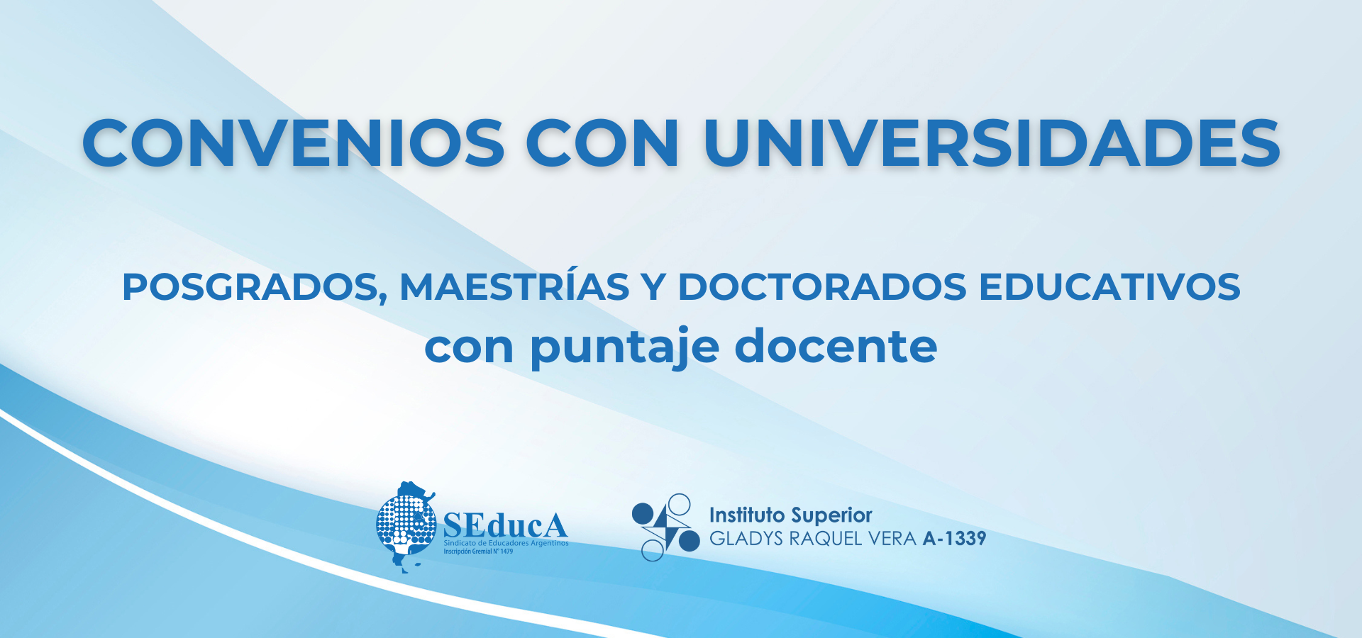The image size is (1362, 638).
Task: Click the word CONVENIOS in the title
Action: coord(294,143)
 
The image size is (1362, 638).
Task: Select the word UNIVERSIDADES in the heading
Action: coord(992,143)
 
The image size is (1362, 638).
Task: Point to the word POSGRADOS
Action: coord(255,288)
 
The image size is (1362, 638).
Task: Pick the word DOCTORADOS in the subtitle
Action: coord(822,286)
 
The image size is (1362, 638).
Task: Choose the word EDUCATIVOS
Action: coord(1109,286)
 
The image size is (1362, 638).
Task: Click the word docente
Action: coord(836,345)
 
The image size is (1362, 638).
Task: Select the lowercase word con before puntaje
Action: coord(469,349)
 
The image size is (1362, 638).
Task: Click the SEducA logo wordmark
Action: coord(505,525)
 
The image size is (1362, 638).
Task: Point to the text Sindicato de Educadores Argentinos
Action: coord(506,543)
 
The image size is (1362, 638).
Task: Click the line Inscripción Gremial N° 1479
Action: coord(478,551)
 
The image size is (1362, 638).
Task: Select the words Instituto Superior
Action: coord(790,515)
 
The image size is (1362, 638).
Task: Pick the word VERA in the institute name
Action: coord(892,539)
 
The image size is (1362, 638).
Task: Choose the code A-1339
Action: coord(954,539)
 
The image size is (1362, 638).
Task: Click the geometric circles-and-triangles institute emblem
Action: coord(665,527)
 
